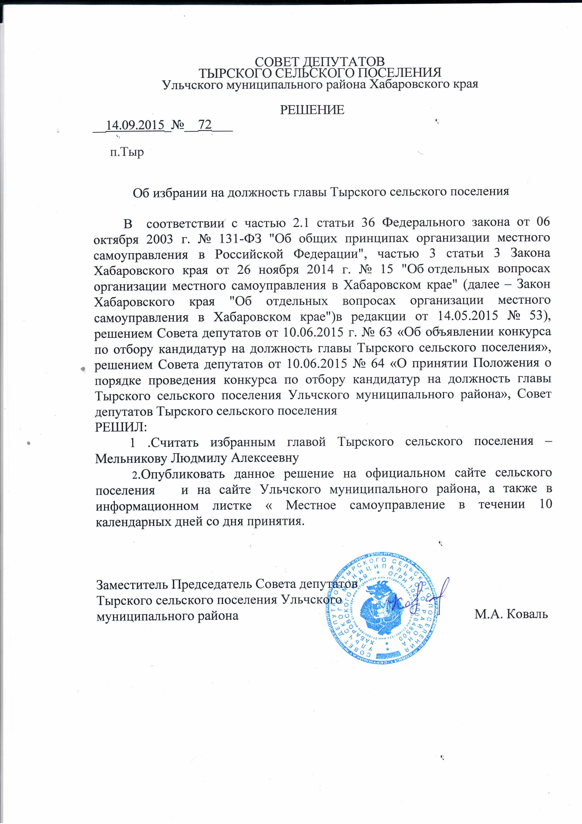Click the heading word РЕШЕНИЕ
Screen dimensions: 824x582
(x=312, y=110)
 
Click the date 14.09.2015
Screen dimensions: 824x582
(x=135, y=125)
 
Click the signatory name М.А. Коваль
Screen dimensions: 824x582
(x=511, y=614)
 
